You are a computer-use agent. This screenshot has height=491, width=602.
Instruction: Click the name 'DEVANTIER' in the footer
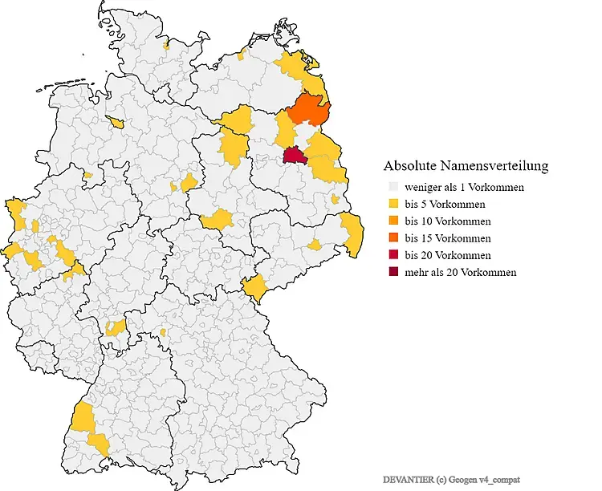(408, 479)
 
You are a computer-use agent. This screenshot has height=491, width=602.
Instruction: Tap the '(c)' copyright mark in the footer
(440, 479)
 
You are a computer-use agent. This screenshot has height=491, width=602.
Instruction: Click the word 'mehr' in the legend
(416, 272)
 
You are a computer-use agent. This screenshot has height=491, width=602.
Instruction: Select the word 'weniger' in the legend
(423, 187)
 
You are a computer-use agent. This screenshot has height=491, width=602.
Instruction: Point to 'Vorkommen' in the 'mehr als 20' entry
(490, 272)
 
